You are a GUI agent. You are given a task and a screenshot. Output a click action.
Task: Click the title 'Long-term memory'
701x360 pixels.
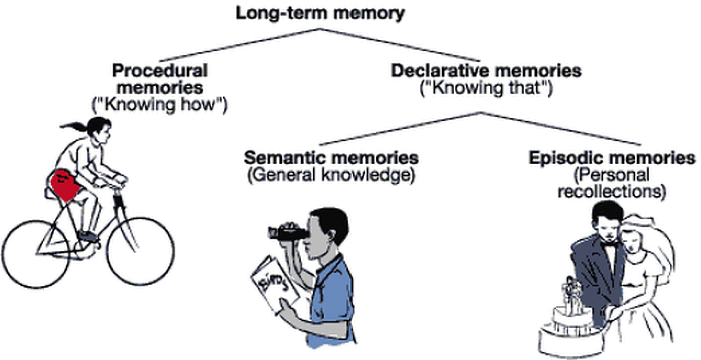point(320,13)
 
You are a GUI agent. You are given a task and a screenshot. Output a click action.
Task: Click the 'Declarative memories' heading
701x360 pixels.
point(486,71)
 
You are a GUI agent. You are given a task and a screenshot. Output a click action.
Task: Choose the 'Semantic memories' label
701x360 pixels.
point(331,158)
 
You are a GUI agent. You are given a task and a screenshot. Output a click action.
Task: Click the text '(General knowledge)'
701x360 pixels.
point(331,176)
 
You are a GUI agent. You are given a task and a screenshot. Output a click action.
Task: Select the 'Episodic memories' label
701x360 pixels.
point(612,158)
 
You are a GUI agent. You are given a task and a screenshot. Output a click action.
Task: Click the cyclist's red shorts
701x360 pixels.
point(65,183)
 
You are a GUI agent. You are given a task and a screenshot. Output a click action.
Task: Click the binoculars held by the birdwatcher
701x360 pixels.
point(287,232)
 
